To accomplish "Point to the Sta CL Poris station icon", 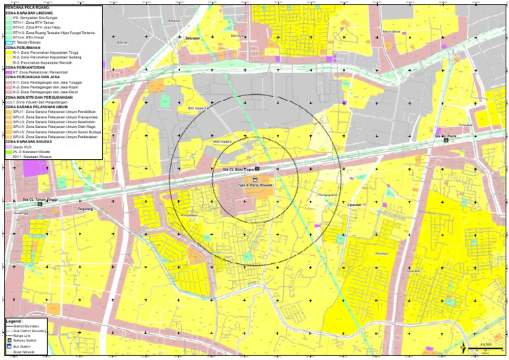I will (446, 141).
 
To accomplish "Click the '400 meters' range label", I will (223, 142).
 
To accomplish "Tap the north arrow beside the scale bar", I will (461, 346).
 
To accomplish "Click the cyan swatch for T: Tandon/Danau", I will (9, 42).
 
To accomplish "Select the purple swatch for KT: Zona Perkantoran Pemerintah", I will (9, 72).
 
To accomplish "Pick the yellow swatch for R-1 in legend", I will (9, 52).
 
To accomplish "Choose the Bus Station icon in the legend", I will (9, 346).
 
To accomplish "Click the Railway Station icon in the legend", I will (9, 341).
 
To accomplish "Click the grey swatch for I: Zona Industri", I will (9, 102).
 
